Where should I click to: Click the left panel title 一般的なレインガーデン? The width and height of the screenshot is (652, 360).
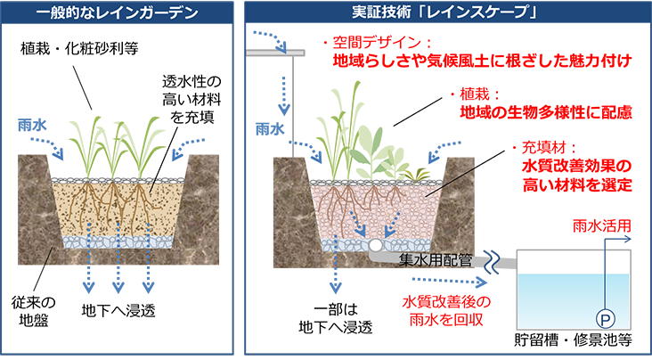point(117,13)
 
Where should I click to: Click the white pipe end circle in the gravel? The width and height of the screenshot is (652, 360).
point(378,243)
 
